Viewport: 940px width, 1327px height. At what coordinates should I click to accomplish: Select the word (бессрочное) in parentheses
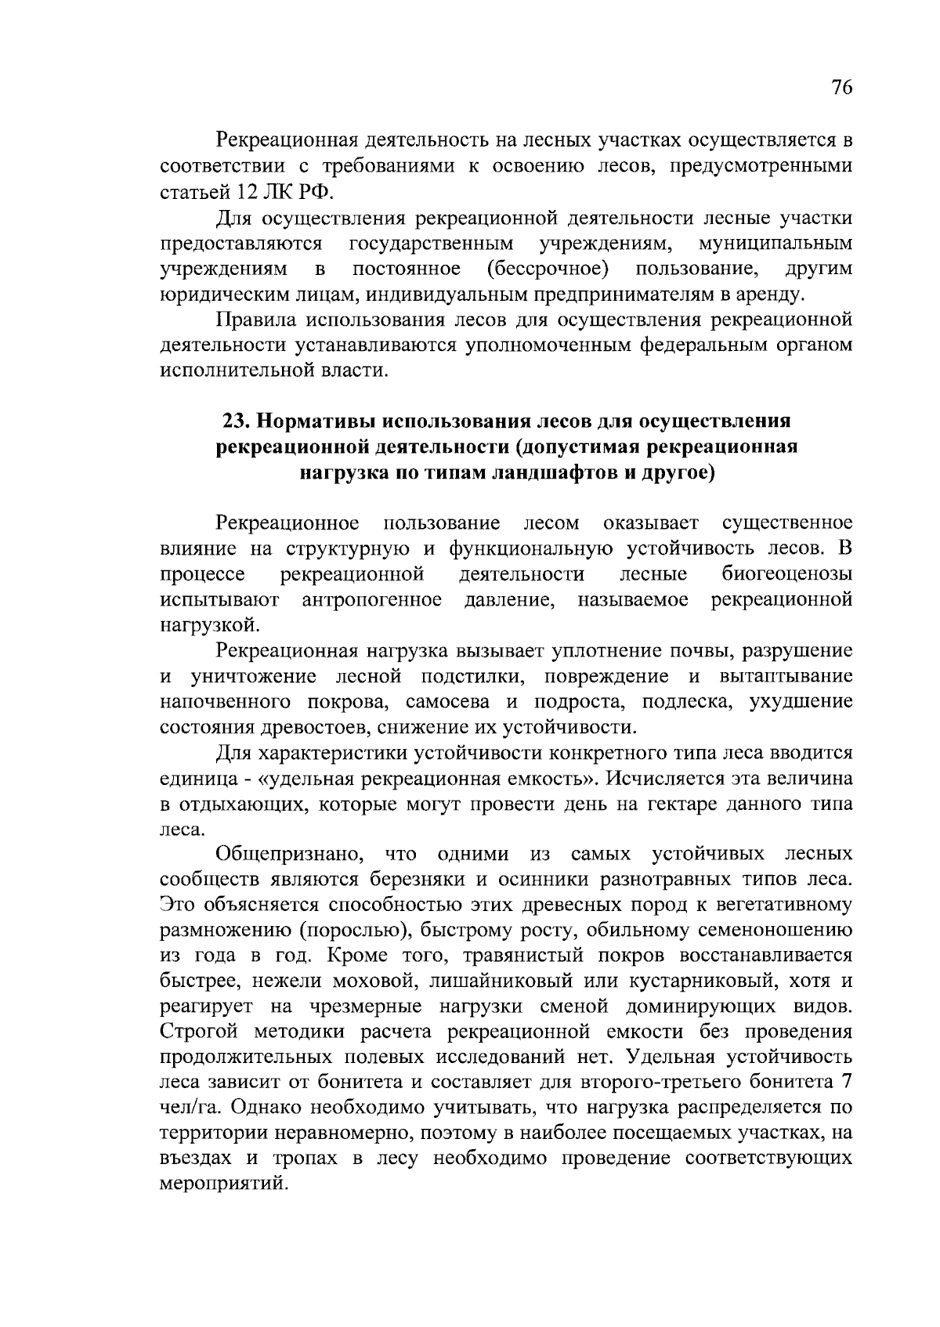[x=547, y=269]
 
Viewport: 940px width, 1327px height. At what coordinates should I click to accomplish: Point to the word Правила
[x=255, y=320]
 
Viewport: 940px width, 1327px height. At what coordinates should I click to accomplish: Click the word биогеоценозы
[x=786, y=575]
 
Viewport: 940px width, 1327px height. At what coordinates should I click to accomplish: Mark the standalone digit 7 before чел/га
[x=846, y=1083]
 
